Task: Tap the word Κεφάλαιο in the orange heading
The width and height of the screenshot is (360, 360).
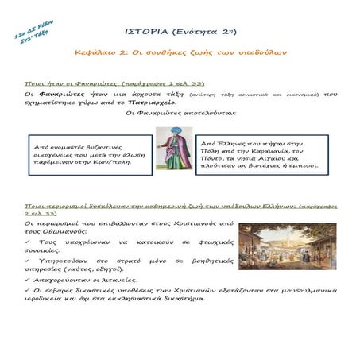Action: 117,52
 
